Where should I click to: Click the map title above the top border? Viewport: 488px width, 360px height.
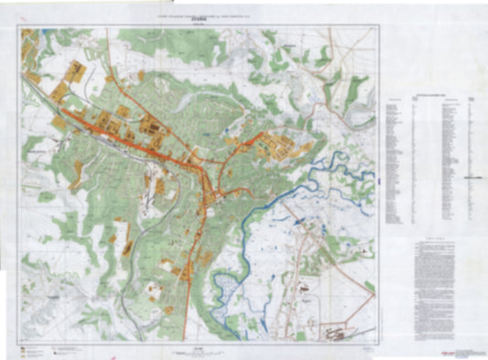(x=198, y=16)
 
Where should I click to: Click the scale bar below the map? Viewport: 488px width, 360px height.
(x=198, y=350)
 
